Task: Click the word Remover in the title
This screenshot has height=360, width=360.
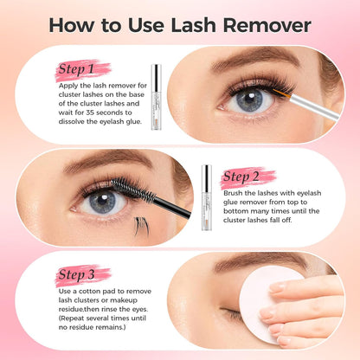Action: pos(267,25)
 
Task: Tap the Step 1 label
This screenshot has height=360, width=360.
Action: pos(76,69)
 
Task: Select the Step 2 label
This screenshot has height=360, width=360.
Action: pos(241,177)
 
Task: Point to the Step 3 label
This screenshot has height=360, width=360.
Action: pos(76,274)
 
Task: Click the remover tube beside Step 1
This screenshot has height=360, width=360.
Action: pos(156,97)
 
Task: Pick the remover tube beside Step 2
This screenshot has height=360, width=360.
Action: pos(207,197)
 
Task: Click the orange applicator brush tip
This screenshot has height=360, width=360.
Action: pos(282,94)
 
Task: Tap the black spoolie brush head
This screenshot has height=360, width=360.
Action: pos(133,190)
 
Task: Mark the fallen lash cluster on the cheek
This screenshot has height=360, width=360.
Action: pos(142,226)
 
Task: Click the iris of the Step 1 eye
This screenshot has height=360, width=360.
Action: pos(250,100)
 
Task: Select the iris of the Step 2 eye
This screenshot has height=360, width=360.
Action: pos(103,201)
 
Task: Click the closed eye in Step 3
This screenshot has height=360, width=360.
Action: pos(231,313)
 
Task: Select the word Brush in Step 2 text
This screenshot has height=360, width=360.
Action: pos(233,193)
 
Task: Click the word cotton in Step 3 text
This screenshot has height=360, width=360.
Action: pos(89,292)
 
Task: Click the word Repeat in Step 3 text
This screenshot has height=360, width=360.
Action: pos(72,318)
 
